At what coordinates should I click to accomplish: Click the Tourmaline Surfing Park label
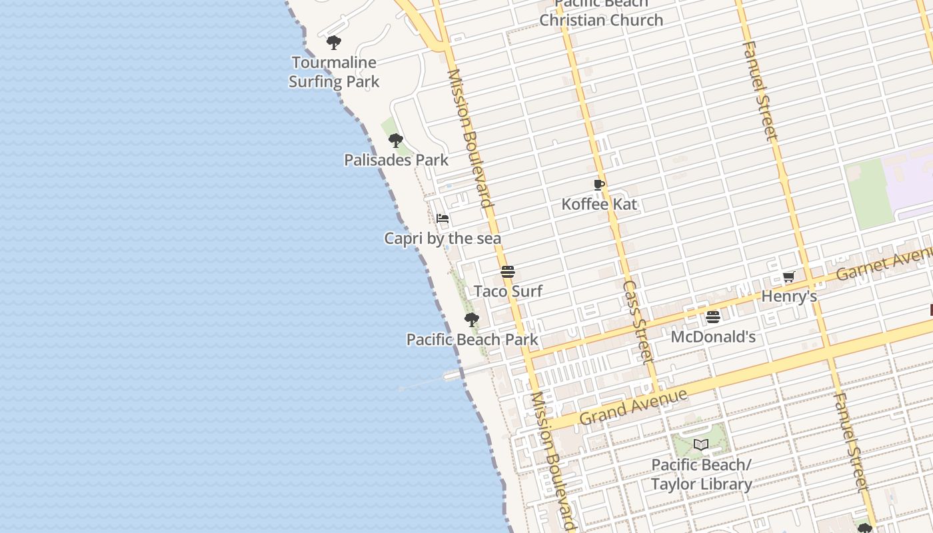[334, 72]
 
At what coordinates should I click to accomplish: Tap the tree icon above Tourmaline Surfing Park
[334, 43]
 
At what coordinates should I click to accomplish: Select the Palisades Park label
[396, 160]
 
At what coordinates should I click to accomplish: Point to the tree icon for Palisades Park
[396, 141]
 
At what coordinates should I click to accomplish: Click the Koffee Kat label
[599, 204]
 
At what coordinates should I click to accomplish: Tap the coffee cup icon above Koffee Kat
[599, 185]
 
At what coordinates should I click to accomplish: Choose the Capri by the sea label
[443, 239]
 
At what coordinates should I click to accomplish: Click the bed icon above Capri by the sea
[443, 219]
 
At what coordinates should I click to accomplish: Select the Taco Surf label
[508, 291]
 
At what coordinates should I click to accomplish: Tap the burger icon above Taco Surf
[508, 272]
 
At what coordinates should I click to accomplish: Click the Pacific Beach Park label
[472, 339]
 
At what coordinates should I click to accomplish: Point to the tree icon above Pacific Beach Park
[472, 320]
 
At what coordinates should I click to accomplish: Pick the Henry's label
[789, 296]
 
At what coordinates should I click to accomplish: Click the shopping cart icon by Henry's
[789, 276]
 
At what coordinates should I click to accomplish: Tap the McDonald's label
[713, 336]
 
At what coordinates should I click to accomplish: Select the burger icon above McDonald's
[713, 316]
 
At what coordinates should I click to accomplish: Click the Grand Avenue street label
[632, 406]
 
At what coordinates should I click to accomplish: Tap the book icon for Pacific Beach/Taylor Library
[701, 444]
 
